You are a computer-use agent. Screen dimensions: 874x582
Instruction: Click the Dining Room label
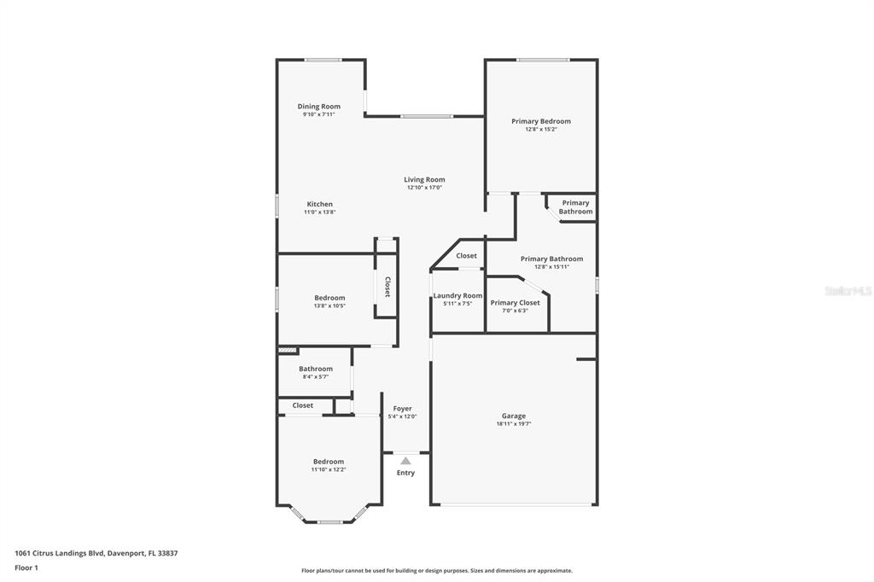pos(319,107)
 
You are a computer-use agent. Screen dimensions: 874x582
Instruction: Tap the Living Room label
pos(424,179)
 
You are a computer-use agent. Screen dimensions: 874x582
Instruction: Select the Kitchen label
pos(320,204)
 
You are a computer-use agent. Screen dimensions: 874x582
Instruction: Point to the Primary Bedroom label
pos(541,121)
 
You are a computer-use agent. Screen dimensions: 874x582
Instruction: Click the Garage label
pos(513,416)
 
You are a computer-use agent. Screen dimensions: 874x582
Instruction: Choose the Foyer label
pos(403,409)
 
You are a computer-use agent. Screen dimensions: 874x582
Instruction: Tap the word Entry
pos(405,473)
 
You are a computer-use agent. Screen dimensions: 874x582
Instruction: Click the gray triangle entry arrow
pos(405,461)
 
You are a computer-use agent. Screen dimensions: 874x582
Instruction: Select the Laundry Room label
pos(457,295)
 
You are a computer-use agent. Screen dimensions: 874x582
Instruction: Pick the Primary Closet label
pos(515,303)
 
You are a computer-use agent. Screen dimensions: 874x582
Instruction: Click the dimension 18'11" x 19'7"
pos(513,423)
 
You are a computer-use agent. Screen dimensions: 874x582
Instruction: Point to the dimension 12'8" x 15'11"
pos(552,266)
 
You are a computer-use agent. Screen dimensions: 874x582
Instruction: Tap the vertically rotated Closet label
pos(387,287)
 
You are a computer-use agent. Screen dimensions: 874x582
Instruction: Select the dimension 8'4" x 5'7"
pos(316,377)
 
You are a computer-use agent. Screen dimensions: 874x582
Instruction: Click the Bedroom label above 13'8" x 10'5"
pos(329,298)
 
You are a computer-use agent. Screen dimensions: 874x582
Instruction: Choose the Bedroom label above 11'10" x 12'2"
pos(329,462)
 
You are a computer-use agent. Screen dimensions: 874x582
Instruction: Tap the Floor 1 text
pos(26,568)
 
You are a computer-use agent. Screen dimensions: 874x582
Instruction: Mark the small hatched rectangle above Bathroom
pos(288,351)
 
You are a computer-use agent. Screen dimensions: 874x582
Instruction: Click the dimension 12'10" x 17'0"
pos(424,187)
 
